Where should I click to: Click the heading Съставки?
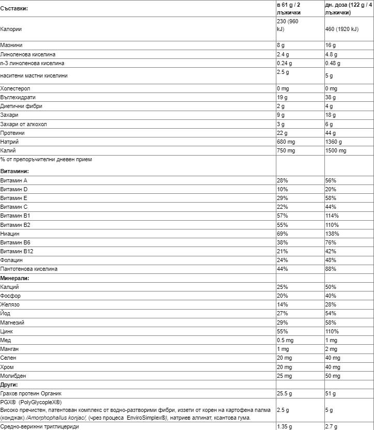coord(14,9)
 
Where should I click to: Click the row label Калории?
coord(11,29)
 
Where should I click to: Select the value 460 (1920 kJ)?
coord(341,29)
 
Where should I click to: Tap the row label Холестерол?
coord(15,88)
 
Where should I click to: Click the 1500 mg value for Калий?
coord(336,150)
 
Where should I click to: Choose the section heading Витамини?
coord(14,171)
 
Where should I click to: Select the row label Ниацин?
coord(11,234)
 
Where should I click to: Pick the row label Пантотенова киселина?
coord(29,269)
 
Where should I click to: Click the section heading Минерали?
coord(14,278)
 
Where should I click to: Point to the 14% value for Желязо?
coord(282,305)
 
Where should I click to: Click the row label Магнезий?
coord(13,323)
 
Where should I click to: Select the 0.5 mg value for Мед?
coord(285,341)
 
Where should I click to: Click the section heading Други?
coord(9,385)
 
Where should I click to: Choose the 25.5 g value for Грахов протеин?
coord(284,394)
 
